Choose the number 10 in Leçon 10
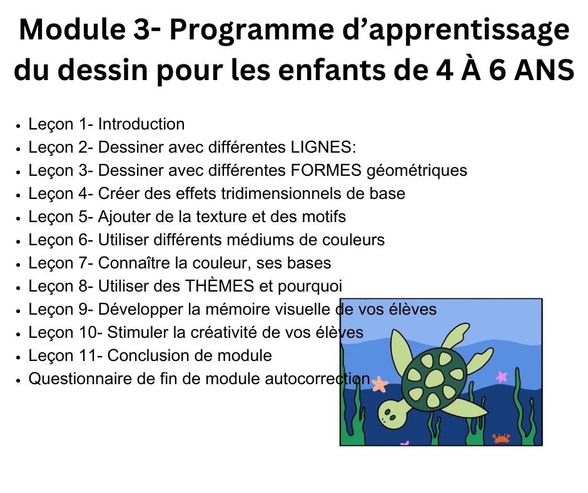(89, 332)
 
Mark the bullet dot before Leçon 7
(21, 264)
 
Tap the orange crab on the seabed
(501, 438)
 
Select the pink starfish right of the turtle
(502, 377)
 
